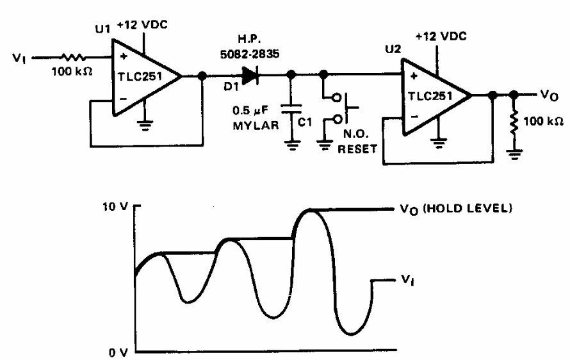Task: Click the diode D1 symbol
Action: [250, 76]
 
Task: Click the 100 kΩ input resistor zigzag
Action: [73, 57]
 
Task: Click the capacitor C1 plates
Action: [291, 109]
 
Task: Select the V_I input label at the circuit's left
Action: [19, 58]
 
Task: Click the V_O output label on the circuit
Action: [549, 95]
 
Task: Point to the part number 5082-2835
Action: [250, 54]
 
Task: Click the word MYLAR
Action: [256, 126]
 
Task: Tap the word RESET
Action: [357, 149]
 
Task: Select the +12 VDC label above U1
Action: [142, 25]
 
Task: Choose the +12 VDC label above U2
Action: [441, 37]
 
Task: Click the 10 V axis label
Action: [115, 206]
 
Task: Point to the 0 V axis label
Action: [118, 352]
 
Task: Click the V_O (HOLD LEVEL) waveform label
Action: [456, 209]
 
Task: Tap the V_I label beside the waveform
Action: [407, 281]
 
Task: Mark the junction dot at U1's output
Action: [202, 76]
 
